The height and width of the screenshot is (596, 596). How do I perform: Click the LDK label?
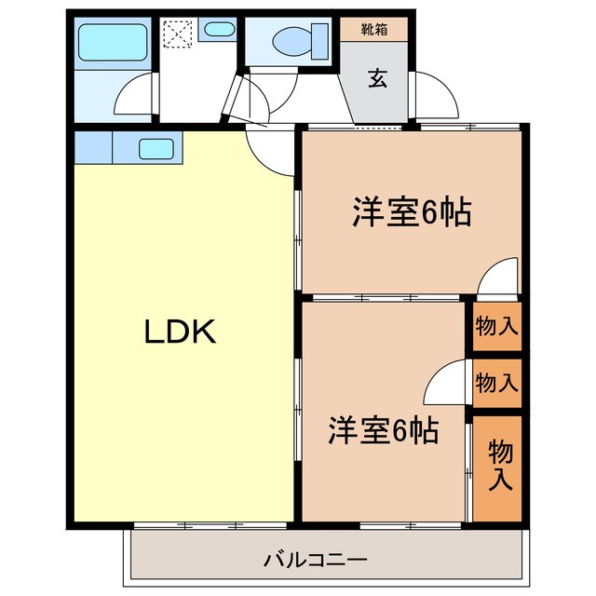[x=180, y=332]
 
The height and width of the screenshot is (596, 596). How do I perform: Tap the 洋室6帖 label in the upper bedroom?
[x=410, y=213]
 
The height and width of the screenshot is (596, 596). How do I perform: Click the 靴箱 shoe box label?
[x=375, y=29]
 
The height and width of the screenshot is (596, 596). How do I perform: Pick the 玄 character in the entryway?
[x=377, y=79]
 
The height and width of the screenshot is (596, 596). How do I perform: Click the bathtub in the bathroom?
[x=110, y=41]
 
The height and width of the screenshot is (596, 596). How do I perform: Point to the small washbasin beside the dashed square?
[x=219, y=30]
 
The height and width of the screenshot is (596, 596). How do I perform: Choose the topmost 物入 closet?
[x=496, y=327]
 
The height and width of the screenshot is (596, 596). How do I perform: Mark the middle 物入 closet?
[x=496, y=382]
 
